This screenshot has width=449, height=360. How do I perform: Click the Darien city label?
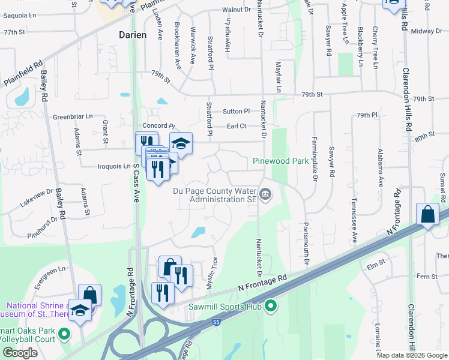[x=131, y=35]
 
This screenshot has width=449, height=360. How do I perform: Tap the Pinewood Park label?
[x=280, y=161]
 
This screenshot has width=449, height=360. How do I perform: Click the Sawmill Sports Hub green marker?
[x=271, y=307]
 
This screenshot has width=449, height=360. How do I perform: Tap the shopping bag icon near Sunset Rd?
[x=427, y=215]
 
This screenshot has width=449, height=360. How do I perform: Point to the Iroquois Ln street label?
[x=114, y=166]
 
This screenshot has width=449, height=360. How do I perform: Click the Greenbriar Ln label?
[x=73, y=116]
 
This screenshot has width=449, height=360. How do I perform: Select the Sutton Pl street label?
[x=236, y=111]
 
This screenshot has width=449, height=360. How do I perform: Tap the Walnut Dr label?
[x=235, y=10]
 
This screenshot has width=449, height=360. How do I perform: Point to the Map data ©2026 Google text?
[x=412, y=355]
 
